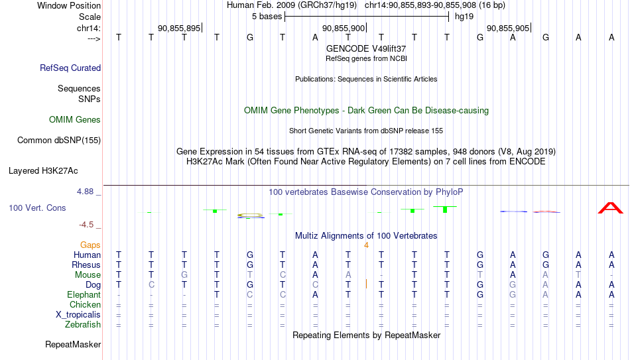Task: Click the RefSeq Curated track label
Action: coord(70,68)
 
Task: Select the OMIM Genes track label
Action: coord(75,120)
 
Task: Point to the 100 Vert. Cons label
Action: coord(37,208)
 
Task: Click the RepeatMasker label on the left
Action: coord(73,345)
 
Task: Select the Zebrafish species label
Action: coord(83,324)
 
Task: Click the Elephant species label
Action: coord(84,294)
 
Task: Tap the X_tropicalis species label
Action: coord(78,314)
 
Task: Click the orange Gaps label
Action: coord(90,245)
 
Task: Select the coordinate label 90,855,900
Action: coord(344,28)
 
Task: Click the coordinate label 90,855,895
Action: coord(179,28)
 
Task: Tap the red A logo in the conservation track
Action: coord(610,208)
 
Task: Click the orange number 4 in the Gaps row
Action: coord(366,245)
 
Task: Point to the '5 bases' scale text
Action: coord(267,16)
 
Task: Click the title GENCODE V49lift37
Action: coord(366,48)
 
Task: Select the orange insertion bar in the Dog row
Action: coord(366,284)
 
